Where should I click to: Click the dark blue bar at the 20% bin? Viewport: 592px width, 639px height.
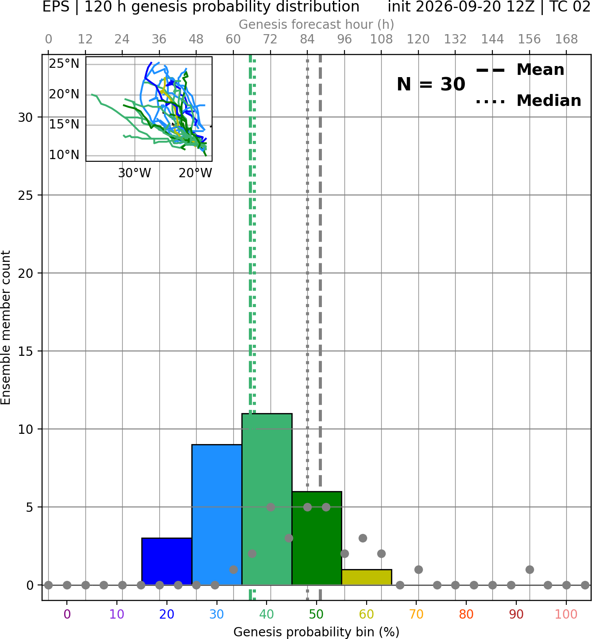coord(167,561)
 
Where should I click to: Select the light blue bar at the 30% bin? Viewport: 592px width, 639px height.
coord(217,515)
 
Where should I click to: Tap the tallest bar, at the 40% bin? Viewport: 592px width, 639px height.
coord(267,499)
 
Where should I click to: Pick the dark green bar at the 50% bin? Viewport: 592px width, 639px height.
coord(317,538)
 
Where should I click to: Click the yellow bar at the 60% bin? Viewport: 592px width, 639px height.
coord(367,577)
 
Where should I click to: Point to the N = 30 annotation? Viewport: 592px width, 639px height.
coord(431,84)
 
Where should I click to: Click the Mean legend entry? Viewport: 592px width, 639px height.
coord(520,70)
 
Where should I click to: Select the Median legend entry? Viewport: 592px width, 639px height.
coord(528,101)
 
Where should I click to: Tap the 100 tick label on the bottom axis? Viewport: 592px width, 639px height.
coord(566,614)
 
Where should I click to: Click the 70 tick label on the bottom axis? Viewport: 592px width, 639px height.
coord(416,614)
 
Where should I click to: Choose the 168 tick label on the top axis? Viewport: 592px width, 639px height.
coord(567,39)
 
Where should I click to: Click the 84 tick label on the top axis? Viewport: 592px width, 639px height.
coord(307,39)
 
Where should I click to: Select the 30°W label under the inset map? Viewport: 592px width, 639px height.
coord(135,173)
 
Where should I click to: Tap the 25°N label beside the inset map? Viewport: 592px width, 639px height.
coord(64,64)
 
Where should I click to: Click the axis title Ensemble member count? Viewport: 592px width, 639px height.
coord(5,327)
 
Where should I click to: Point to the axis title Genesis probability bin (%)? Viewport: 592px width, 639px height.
coord(317,632)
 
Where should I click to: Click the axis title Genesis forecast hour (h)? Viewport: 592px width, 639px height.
coord(317,24)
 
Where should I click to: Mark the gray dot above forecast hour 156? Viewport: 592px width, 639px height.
coord(530,569)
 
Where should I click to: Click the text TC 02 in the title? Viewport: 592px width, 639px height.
coord(570,7)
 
